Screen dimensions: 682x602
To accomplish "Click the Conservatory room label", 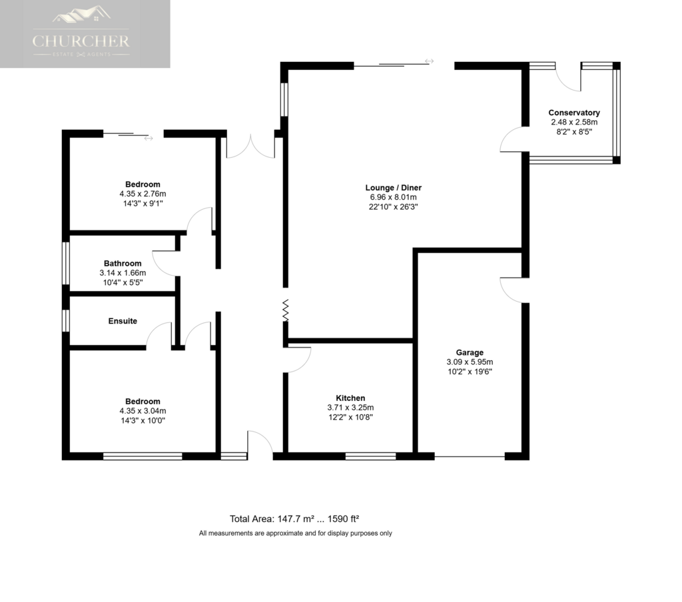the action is pos(573,113).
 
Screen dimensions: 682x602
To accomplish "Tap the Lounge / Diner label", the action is pos(393,188).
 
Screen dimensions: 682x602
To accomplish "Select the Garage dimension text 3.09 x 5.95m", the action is pos(470,362).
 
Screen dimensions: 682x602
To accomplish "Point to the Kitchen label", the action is pos(350,398).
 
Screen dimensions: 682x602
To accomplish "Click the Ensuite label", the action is pos(123,321).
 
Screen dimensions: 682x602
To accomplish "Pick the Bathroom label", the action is pos(123,263).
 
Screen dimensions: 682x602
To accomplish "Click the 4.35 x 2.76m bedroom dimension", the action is pos(143,194).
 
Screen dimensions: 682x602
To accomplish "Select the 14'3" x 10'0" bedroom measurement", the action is pos(143,421).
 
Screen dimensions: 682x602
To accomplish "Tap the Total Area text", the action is pos(294,519).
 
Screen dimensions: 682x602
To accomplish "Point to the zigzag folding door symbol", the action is pos(285,310).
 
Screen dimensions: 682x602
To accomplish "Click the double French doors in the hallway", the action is pos(250,147).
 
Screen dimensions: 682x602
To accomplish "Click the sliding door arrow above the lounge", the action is pos(430,61).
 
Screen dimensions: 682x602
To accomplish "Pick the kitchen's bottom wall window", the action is pos(370,456).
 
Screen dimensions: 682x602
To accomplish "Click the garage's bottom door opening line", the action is pos(470,456).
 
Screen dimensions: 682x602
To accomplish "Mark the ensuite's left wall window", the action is pos(66,320).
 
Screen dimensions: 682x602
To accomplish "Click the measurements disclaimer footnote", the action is pos(295,533).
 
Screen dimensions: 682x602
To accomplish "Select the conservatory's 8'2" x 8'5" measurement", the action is pos(574,132).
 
